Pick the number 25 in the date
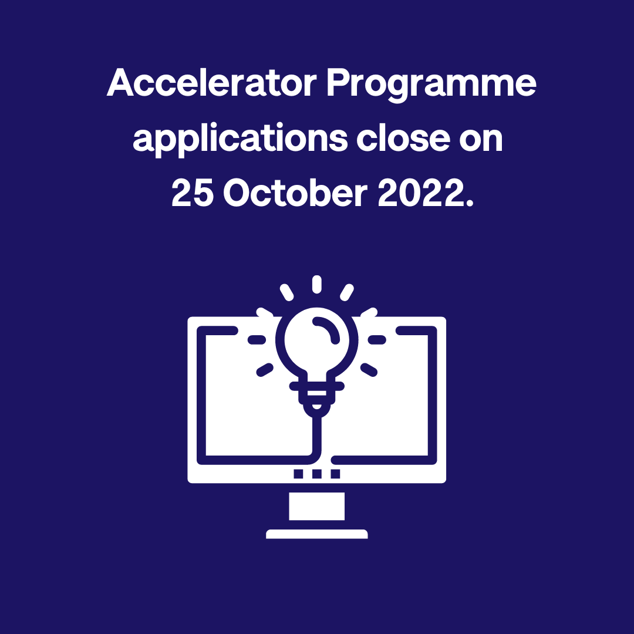pos(192,194)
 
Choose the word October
pos(294,194)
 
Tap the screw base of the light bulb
pos(317,393)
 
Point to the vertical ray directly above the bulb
pos(317,284)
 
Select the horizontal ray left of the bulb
pos(257,340)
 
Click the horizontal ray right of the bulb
pos(377,340)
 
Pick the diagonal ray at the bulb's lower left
pos(265,369)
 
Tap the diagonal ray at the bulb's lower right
pos(369,369)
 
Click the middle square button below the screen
pos(317,474)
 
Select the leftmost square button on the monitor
pos(299,474)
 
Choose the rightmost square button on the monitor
pos(335,474)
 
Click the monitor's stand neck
pos(317,506)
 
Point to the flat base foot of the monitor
pos(317,534)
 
